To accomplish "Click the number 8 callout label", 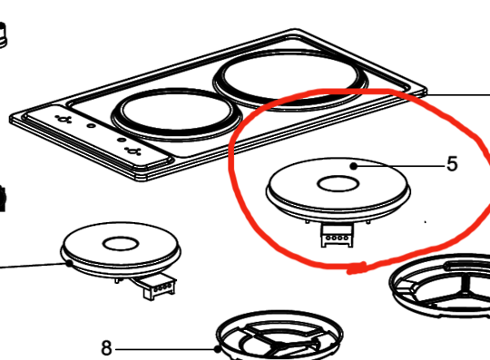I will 106,347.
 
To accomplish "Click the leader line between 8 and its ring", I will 163,348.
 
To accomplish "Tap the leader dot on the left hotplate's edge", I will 70,263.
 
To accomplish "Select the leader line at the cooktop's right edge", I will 458,94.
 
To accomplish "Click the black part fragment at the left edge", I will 3,196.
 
